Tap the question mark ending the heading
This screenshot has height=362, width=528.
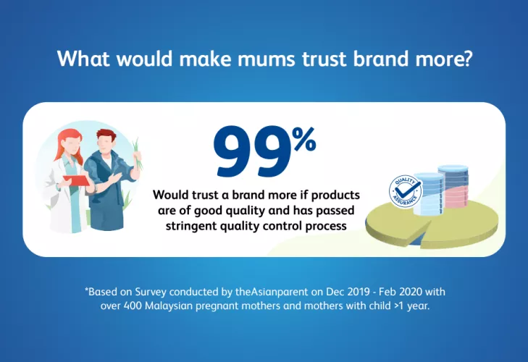pyautogui.click(x=465, y=58)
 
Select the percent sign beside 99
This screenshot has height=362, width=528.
pyautogui.click(x=303, y=140)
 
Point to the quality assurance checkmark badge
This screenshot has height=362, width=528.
pyautogui.click(x=405, y=191)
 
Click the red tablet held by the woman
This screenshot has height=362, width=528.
pyautogui.click(x=77, y=180)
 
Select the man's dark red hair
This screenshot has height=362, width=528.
pyautogui.click(x=106, y=136)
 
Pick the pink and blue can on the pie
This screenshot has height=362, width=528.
pyautogui.click(x=453, y=186)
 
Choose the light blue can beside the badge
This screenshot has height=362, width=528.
pyautogui.click(x=428, y=194)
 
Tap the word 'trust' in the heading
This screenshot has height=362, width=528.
pyautogui.click(x=324, y=59)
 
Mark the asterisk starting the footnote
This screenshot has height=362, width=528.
pyautogui.click(x=86, y=289)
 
